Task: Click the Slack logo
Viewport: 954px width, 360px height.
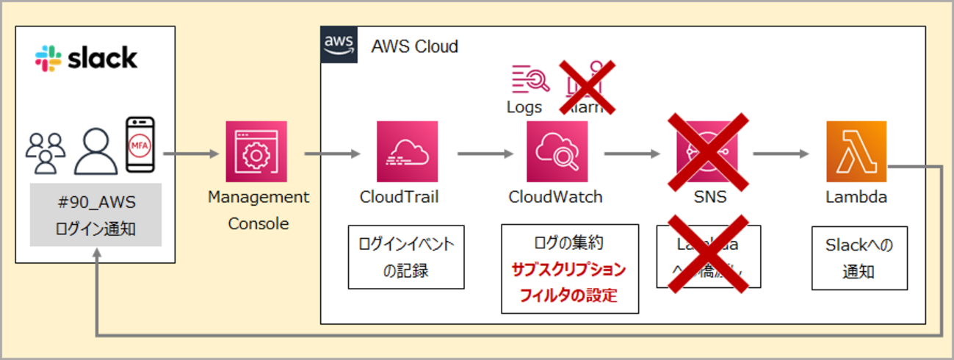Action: pos(86,59)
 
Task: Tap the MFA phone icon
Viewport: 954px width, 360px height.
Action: pos(140,145)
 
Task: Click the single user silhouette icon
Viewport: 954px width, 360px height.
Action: pos(95,151)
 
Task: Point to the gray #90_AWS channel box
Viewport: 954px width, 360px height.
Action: pos(96,215)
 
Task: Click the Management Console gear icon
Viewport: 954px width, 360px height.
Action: pos(256,151)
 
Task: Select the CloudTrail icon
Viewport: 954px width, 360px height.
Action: pos(407,151)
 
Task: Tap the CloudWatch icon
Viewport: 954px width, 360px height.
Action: pos(557,151)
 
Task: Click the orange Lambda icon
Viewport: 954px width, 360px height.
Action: pos(856,151)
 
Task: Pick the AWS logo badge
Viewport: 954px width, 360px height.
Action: pos(339,46)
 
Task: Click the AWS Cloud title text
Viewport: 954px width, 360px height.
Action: pos(414,47)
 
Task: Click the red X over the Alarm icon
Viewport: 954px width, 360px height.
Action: pos(588,87)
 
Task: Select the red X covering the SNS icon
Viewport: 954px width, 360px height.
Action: pos(707,152)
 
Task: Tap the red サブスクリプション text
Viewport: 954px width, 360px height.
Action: pos(569,270)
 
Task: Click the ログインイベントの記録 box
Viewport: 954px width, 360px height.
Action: pos(406,256)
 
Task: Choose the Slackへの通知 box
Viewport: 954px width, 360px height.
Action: pos(859,257)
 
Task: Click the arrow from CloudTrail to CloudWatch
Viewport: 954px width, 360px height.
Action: pos(485,154)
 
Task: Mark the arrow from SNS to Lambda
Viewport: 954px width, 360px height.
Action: pos(781,154)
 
